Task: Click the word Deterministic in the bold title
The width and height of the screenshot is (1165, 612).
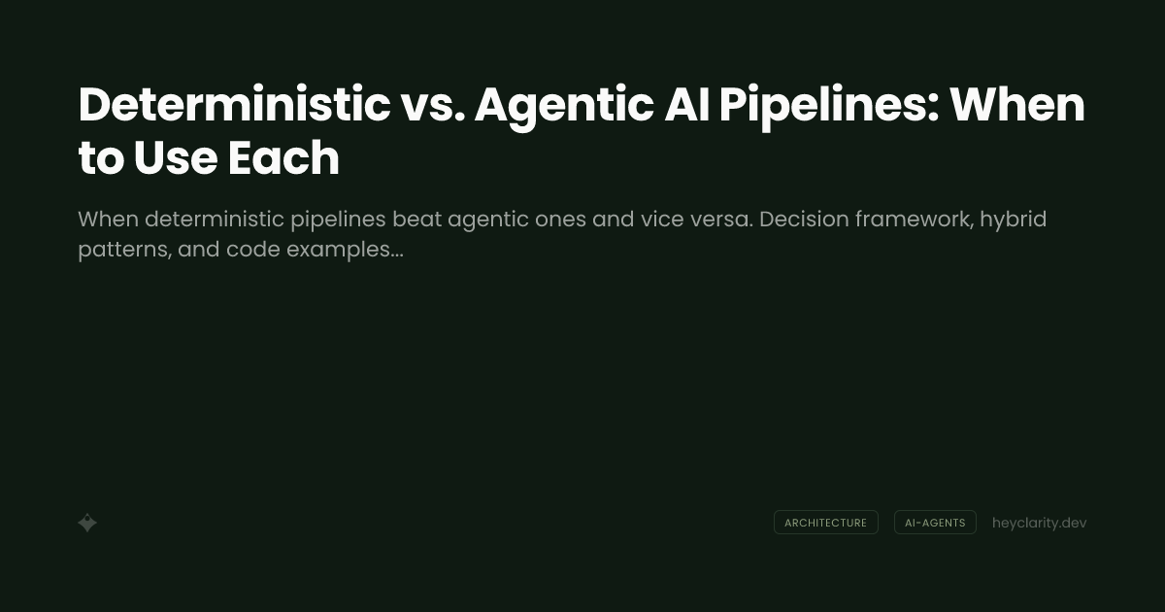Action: coord(234,105)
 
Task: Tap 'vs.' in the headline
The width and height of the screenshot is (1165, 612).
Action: coord(432,105)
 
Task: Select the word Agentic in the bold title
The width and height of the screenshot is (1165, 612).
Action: coord(563,105)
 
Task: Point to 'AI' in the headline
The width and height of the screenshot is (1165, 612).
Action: coord(687,105)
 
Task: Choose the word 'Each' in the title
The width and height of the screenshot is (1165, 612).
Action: coord(283,158)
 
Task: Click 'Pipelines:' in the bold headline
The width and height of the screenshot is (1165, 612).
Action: coord(829,105)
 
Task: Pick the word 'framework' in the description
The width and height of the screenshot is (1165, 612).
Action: coord(916,220)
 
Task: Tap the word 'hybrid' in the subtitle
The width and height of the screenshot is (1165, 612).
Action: coord(1013,220)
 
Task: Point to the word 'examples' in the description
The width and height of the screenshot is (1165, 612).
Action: coord(341,250)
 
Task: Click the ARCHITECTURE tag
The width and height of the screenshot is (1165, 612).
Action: coord(825,523)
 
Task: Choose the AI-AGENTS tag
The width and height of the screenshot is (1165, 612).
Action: coord(935,523)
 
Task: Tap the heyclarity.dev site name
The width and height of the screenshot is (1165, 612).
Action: coord(1039,523)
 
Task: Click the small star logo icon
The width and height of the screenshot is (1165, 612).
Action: coord(87,523)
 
